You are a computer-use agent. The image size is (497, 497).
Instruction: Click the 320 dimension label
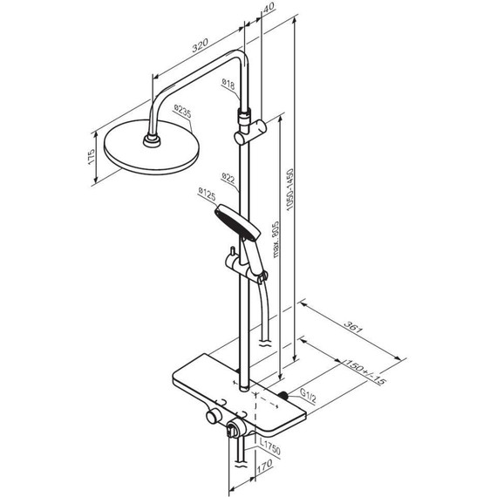coord(200,45)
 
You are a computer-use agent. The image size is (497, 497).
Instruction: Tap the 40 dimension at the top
coord(269,7)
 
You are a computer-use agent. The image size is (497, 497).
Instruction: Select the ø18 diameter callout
coord(228,85)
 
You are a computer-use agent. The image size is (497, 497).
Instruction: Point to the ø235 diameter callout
coord(182,112)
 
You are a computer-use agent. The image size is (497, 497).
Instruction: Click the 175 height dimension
coord(91,156)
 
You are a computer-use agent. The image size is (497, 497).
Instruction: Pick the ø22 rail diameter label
coord(228,178)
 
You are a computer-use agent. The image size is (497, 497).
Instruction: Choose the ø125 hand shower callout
coord(207,194)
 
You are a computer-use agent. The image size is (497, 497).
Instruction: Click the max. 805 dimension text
coord(276,239)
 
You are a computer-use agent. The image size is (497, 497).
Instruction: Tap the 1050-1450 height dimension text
coord(290,189)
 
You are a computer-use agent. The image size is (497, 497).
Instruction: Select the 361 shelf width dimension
coord(353,327)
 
